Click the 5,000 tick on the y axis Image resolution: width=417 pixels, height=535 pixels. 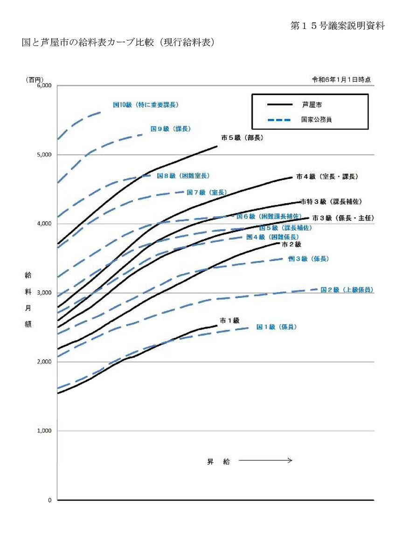[x=44, y=155]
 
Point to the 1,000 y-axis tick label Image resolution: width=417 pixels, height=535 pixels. [x=44, y=431]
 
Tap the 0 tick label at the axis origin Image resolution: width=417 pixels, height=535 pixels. [x=50, y=500]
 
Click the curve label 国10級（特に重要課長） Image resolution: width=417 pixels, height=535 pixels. [x=146, y=105]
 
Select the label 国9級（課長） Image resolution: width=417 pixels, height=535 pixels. [x=171, y=129]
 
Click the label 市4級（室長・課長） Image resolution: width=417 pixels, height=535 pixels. [x=327, y=177]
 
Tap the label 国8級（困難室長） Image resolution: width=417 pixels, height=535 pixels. [x=183, y=176]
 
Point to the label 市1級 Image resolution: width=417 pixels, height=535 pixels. [x=229, y=320]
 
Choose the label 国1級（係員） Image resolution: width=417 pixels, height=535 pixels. [x=277, y=327]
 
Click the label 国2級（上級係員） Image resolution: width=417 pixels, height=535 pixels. [x=347, y=290]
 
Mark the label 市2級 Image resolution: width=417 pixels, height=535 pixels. [x=292, y=244]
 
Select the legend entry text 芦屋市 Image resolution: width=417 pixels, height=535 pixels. [x=312, y=105]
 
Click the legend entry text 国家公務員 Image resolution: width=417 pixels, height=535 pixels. [x=317, y=119]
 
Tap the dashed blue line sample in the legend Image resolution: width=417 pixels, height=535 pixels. [x=279, y=120]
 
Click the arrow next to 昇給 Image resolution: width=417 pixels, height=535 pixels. [x=265, y=460]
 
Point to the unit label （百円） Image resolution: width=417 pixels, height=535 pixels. [x=34, y=80]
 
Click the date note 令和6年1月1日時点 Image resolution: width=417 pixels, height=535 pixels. [x=341, y=80]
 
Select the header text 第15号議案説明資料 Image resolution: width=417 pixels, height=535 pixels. [x=337, y=26]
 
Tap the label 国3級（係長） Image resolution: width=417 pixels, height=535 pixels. [x=308, y=259]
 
